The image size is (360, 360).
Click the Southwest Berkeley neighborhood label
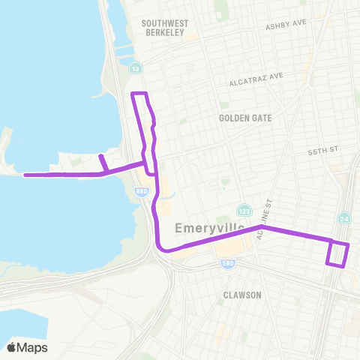click(x=165, y=28)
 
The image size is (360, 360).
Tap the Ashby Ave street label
click(x=286, y=25)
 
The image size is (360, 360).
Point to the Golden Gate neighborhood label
click(x=245, y=118)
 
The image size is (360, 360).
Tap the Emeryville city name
click(x=205, y=227)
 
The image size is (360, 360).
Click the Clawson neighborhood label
click(x=242, y=295)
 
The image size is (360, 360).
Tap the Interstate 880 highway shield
click(x=142, y=192)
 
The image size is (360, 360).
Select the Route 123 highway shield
click(x=243, y=210)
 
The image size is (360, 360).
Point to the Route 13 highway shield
click(x=136, y=69)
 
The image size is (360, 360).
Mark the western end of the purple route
click(x=25, y=175)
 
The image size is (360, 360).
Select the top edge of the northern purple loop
click(x=140, y=94)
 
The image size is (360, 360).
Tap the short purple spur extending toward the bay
click(x=103, y=163)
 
